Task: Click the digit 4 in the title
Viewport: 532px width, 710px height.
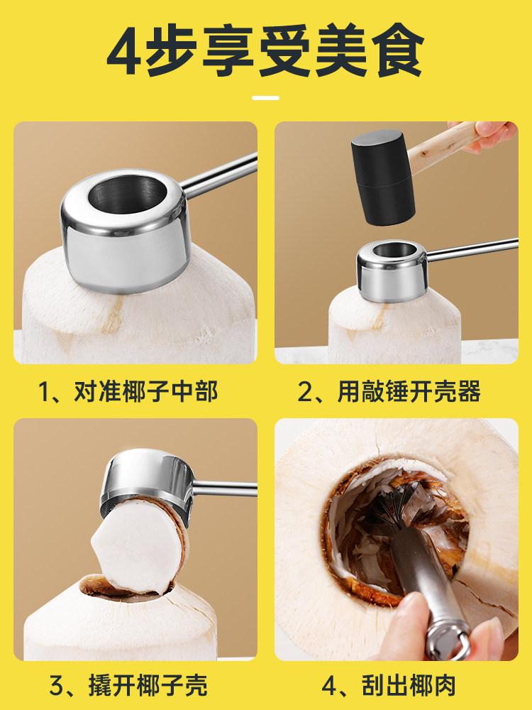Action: point(125,52)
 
